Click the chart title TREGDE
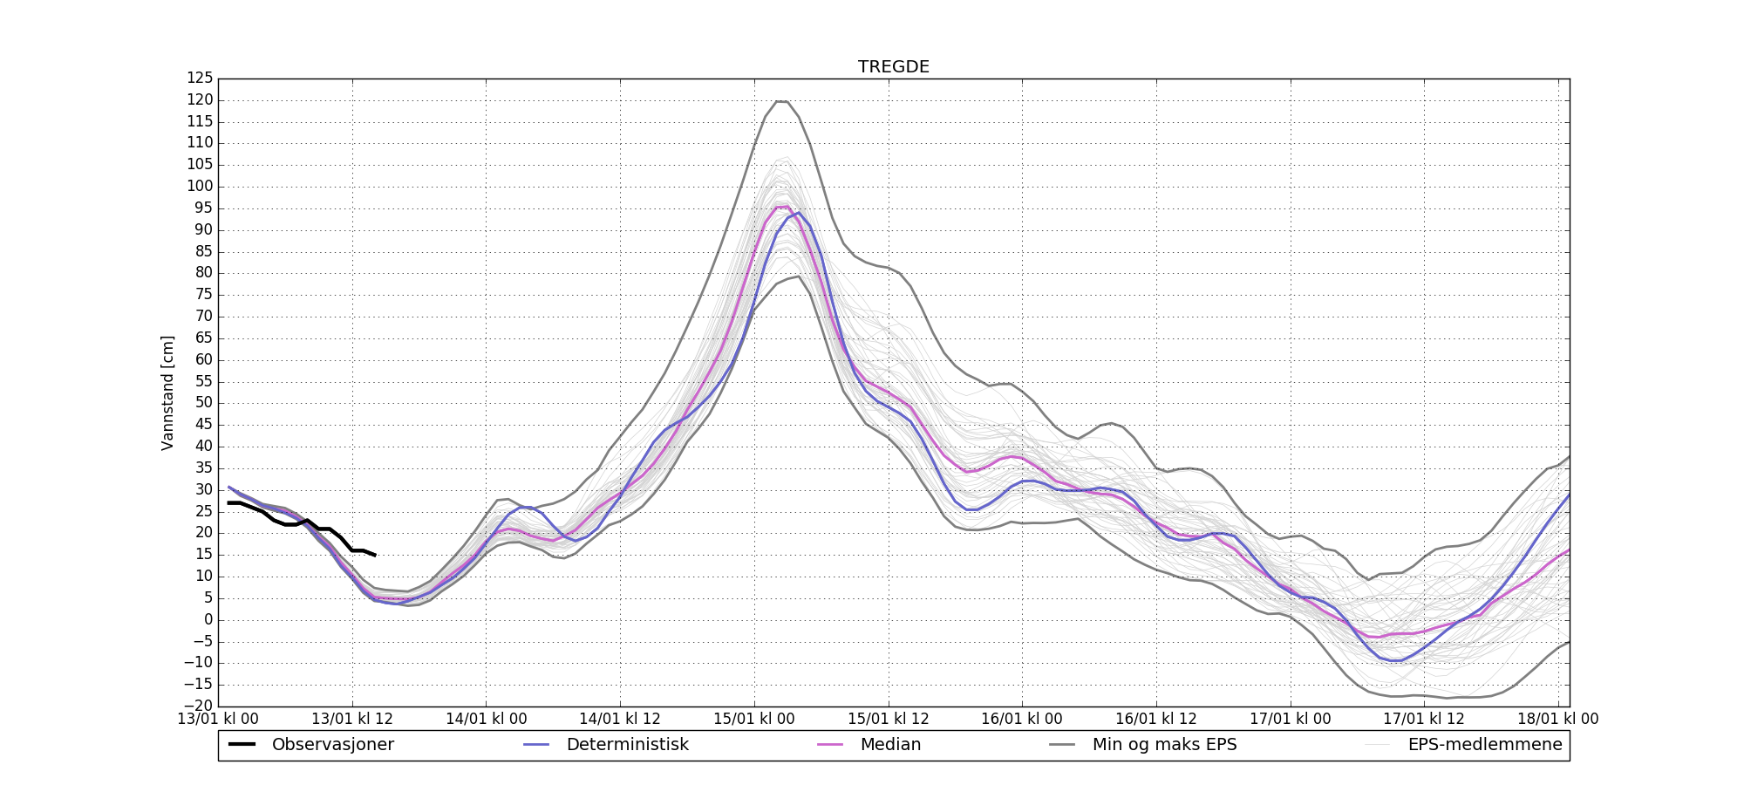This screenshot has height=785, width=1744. [893, 67]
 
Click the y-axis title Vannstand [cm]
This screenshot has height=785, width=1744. [168, 392]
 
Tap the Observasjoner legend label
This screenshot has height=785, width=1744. [332, 745]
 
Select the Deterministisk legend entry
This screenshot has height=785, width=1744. [627, 745]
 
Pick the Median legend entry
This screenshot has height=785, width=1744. [890, 745]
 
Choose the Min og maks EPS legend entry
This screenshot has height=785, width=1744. [1164, 745]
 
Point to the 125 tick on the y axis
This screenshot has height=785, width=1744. [200, 78]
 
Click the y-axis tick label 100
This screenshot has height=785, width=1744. [200, 187]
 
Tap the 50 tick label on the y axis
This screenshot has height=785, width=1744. [203, 403]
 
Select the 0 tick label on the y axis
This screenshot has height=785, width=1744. [208, 620]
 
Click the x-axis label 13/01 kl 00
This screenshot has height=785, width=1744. [218, 720]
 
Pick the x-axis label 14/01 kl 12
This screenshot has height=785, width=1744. [620, 720]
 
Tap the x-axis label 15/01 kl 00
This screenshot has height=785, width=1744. [754, 720]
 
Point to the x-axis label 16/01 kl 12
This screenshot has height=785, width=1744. [1156, 720]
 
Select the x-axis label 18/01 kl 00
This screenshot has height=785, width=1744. [1558, 720]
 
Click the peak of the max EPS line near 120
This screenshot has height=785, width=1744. [781, 101]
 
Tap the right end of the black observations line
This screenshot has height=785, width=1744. [375, 555]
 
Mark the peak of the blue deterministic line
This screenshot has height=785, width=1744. [798, 213]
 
